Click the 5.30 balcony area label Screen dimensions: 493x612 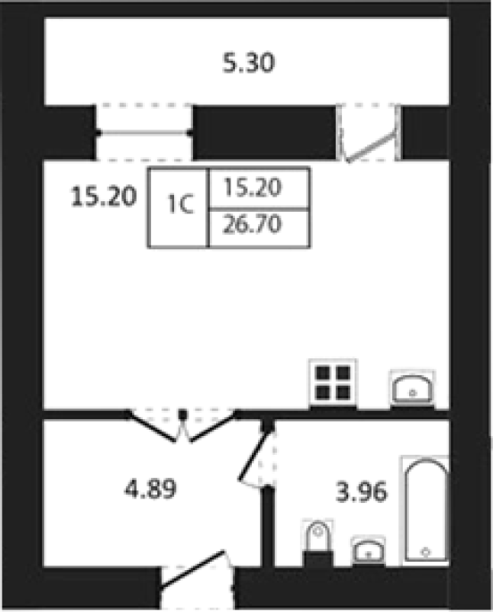point(249,63)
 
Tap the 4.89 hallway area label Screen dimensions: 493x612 point(151,489)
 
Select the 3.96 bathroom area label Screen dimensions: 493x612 point(362,491)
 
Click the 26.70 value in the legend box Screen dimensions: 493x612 point(252,224)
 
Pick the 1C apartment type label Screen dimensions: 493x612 point(180,204)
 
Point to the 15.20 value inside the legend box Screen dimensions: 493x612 point(253,188)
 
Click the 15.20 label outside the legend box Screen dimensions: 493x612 point(104,197)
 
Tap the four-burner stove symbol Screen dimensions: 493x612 point(333,382)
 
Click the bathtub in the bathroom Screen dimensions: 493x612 point(426,510)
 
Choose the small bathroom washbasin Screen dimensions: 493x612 point(368,550)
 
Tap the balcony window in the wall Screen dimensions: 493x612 point(144,133)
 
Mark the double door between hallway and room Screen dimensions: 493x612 point(182,426)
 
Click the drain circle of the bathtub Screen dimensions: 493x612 point(426,552)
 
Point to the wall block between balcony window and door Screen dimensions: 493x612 point(264,133)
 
